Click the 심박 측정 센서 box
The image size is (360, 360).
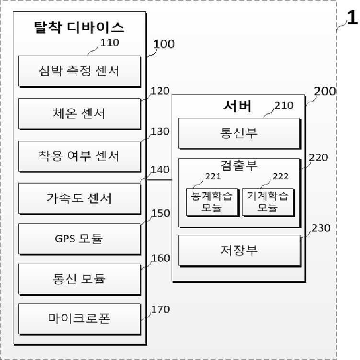click(79, 71)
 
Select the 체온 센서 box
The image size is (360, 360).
click(79, 113)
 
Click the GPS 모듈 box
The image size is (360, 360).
click(79, 238)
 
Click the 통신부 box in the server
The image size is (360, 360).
click(238, 133)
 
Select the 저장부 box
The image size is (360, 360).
click(238, 250)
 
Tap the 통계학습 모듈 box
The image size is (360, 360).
click(212, 201)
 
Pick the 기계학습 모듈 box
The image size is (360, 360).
click(267, 201)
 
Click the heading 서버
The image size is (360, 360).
click(238, 105)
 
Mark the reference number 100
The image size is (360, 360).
click(164, 45)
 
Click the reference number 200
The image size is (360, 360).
click(325, 91)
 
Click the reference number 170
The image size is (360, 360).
click(160, 310)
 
